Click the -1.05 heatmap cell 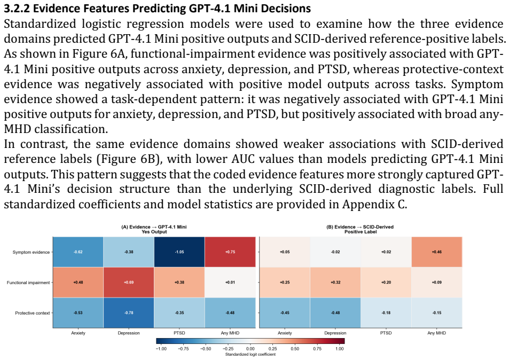click(179, 252)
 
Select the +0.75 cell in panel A click(230, 252)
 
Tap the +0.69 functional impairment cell click(129, 283)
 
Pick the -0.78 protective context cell click(129, 312)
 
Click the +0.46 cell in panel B click(436, 252)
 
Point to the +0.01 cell click(230, 283)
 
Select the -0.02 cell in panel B click(335, 252)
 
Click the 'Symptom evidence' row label click(31, 252)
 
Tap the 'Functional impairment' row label click(28, 283)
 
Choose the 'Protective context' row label click(33, 313)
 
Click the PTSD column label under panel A click(179, 333)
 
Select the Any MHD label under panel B click(436, 333)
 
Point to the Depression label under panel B click(335, 333)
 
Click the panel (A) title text click(154, 229)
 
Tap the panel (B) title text click(361, 229)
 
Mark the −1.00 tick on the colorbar click(161, 349)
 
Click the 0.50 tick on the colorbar click(295, 349)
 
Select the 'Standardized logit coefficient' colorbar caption click(250, 355)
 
